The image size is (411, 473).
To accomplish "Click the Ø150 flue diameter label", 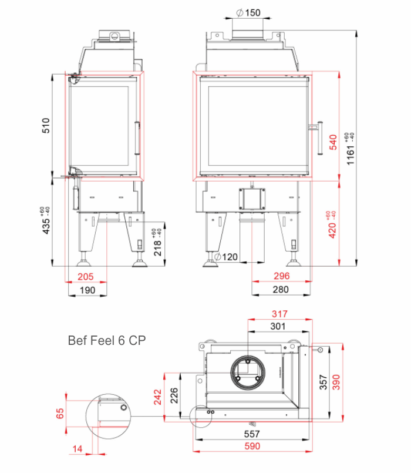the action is pos(248,13).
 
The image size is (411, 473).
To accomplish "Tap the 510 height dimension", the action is pos(46,126).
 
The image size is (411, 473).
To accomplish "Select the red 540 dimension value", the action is pos(333,142).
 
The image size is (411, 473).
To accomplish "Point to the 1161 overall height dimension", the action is pos(350,149).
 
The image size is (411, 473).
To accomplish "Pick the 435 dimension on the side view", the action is pos(46,220).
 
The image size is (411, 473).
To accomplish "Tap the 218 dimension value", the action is pos(157,243).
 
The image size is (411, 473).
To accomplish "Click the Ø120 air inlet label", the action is pos(226,257).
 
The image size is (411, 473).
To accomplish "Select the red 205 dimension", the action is pos(86,277).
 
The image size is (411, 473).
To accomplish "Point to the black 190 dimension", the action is pos(87,290).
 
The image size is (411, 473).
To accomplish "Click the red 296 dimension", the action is pos(282,276).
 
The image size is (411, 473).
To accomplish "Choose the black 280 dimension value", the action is pos(281,290).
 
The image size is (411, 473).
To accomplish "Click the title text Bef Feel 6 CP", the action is pos(107,341).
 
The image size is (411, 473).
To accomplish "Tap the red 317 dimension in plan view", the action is pos(279,314).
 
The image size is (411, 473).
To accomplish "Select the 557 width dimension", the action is pos(252,434).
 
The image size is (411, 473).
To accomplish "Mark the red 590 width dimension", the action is pos(252,446).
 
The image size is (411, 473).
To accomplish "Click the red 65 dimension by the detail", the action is pos(60,413).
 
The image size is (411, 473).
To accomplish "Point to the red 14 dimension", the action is pos(77,449).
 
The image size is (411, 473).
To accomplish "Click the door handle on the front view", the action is pos(320,138).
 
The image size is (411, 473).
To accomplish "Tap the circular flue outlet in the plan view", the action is pos(248,373).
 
